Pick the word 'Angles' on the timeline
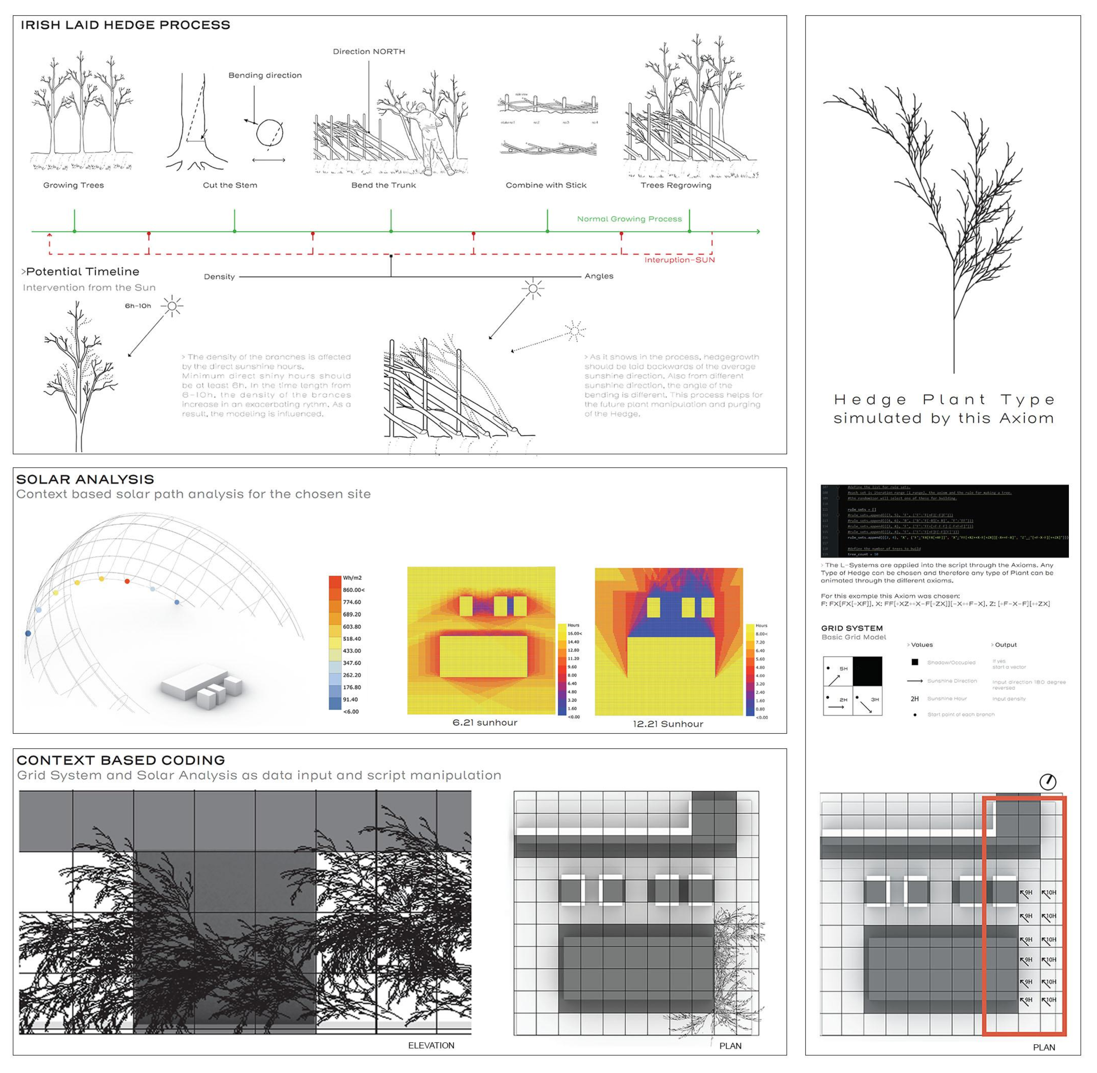[x=598, y=276]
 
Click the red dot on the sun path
[x=127, y=581]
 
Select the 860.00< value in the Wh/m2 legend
[x=354, y=590]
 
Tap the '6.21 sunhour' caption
[x=485, y=722]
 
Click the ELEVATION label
[x=431, y=1045]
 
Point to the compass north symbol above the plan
[x=1047, y=782]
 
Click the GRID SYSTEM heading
[x=852, y=628]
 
